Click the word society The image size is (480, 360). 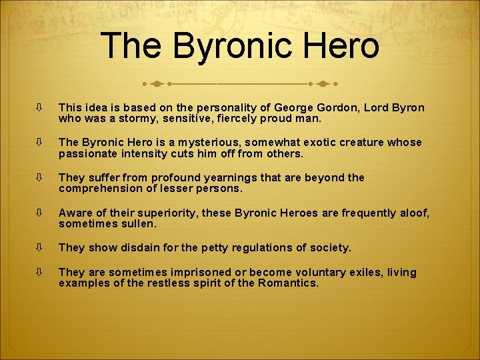(x=329, y=247)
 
